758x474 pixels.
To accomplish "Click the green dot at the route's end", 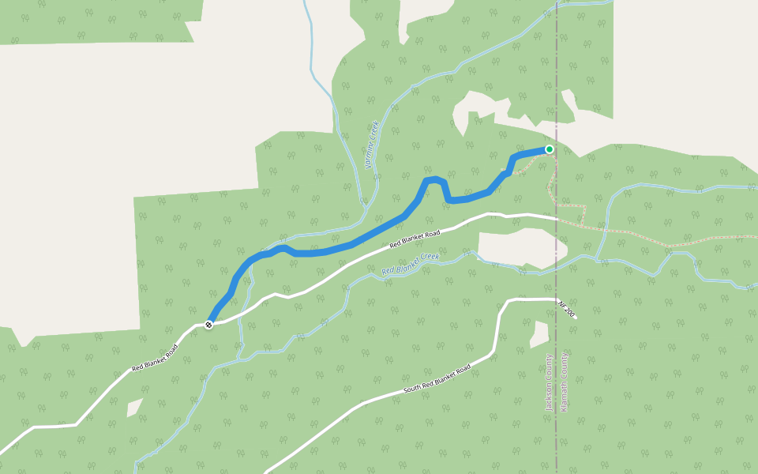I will pyautogui.click(x=550, y=149).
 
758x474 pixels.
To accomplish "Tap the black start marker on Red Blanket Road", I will pyautogui.click(x=208, y=325).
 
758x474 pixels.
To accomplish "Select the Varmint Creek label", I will pyautogui.click(x=373, y=145).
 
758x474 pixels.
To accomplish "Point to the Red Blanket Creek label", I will pyautogui.click(x=410, y=264).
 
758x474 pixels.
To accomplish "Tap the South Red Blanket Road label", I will pyautogui.click(x=437, y=380).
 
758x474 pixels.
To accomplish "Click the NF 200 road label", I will pyautogui.click(x=567, y=309).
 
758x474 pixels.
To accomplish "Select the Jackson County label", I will pyautogui.click(x=549, y=382).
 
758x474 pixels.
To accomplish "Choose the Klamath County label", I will pyautogui.click(x=564, y=382).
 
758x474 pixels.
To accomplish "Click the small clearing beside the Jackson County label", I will pyautogui.click(x=539, y=336).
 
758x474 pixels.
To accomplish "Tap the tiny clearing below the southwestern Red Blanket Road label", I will pyautogui.click(x=134, y=408).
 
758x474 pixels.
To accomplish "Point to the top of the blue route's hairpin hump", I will pyautogui.click(x=433, y=180).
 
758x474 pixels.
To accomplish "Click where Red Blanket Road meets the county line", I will pyautogui.click(x=557, y=217).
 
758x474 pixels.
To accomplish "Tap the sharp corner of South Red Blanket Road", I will pyautogui.click(x=504, y=303).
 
